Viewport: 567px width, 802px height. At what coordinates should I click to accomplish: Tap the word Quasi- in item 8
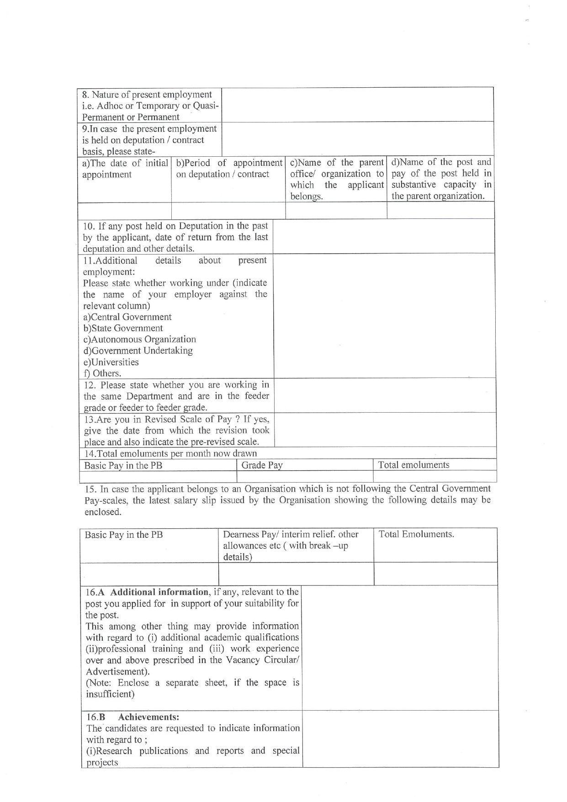[207, 106]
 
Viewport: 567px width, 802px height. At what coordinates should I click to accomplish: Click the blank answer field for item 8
[357, 105]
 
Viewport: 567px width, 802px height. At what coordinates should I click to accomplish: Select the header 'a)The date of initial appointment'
[125, 169]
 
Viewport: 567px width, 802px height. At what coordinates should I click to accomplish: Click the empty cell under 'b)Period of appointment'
[228, 211]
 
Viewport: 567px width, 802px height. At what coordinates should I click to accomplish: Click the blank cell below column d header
[440, 211]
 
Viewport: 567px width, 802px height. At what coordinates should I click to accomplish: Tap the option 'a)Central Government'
[127, 317]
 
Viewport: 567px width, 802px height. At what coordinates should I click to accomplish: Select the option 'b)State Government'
[123, 328]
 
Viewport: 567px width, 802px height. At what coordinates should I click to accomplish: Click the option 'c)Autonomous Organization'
[139, 340]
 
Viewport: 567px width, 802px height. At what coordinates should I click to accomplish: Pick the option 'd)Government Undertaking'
[138, 351]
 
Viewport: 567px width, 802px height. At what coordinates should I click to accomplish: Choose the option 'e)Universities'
[111, 362]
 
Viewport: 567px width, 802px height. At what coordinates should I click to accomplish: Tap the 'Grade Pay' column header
[262, 465]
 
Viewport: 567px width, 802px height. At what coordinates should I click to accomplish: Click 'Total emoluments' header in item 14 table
[413, 465]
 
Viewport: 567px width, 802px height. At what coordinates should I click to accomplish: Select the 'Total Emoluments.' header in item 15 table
[416, 534]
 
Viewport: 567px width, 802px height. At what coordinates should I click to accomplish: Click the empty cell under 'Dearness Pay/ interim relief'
[296, 574]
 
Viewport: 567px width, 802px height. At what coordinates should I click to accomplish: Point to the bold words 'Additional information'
[159, 592]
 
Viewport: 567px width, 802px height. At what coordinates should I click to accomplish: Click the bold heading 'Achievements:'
[148, 717]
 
